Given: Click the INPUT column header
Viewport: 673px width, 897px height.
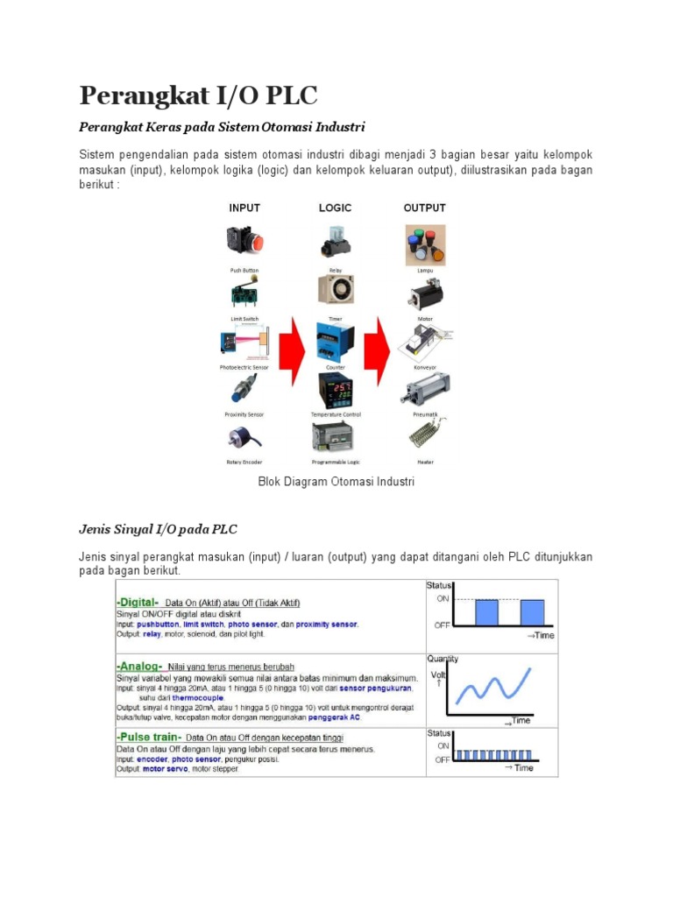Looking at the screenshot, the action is [244, 208].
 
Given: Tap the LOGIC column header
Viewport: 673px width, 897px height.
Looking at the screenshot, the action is [335, 208].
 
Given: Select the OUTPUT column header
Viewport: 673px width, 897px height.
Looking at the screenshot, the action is [424, 208].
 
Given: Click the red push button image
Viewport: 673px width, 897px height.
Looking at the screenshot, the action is [244, 243].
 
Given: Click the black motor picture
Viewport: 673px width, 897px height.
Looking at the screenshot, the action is [424, 293].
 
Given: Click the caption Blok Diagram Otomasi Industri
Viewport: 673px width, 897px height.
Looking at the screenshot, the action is [336, 482].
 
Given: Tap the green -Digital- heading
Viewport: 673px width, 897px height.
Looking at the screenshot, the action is [138, 602].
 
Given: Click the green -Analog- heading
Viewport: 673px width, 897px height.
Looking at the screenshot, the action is [138, 665].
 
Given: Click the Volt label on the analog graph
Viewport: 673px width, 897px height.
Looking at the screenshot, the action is [437, 675].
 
